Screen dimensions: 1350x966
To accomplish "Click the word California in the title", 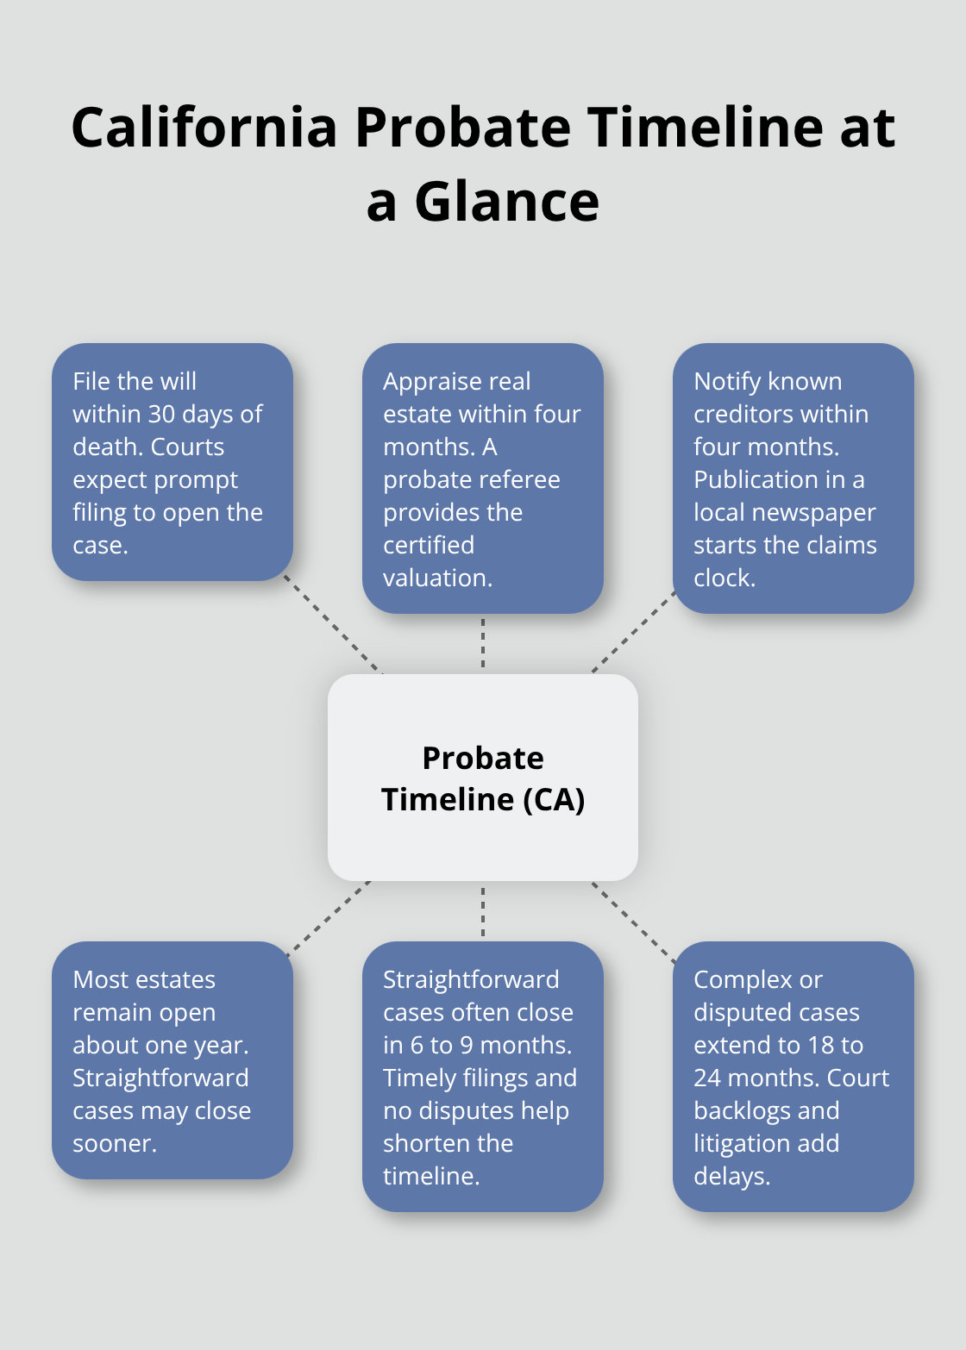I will pos(204,128).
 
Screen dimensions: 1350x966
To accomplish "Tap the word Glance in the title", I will pos(506,203).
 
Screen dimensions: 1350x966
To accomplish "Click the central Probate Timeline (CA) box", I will pos(483,778).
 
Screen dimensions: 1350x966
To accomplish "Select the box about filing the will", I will pos(172,462).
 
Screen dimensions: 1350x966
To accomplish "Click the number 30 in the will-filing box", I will pos(161,415).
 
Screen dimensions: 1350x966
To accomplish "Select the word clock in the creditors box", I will pos(724,578).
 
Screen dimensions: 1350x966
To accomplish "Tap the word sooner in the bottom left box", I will pos(113,1144).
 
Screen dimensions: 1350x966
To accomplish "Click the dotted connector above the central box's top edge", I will pos(483,643).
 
